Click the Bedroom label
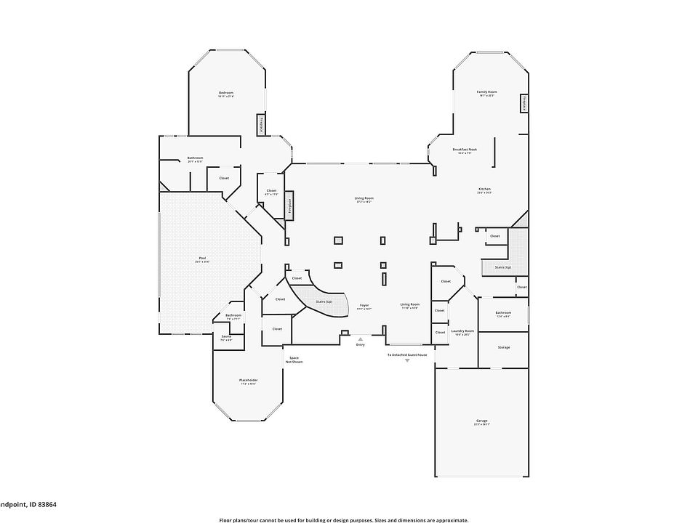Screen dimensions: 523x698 [x=226, y=93]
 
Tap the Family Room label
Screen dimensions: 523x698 [x=486, y=92]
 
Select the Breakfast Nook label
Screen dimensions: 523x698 [x=464, y=150]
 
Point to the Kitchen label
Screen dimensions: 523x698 [x=485, y=190]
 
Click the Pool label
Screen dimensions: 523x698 [x=202, y=259]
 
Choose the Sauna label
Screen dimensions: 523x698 [x=227, y=337]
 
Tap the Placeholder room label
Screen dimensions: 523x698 [x=249, y=381]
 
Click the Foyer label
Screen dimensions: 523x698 [x=364, y=305]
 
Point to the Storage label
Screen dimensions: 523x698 [x=504, y=347]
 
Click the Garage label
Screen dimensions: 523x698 [x=482, y=421]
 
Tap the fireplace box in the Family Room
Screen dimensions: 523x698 [x=523, y=104]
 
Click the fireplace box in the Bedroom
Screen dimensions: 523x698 [x=260, y=125]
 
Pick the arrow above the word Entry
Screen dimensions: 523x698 [x=360, y=338]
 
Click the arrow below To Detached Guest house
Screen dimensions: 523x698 [x=407, y=360]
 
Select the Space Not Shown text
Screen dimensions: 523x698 [x=295, y=359]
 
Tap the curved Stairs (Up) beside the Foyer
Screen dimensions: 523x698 [x=324, y=299]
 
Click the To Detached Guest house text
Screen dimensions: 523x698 [x=407, y=354]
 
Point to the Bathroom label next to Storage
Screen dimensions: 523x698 [x=503, y=313]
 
